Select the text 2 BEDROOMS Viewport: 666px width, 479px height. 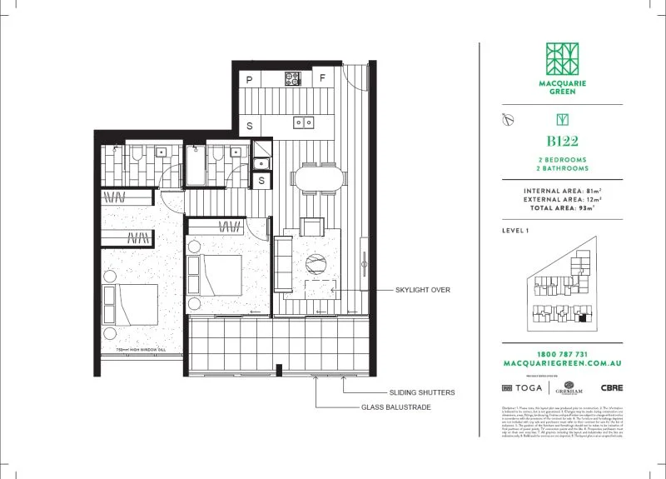pos(563,159)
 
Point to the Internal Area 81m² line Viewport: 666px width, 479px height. pos(563,191)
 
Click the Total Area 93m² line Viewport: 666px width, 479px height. pos(563,207)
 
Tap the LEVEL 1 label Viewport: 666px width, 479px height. pos(517,230)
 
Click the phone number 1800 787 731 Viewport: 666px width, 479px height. pos(563,354)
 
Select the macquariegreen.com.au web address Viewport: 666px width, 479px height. pos(563,364)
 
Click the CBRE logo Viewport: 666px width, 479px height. pos(612,388)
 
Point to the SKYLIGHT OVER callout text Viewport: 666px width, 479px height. pos(423,290)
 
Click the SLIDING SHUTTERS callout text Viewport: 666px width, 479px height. pos(421,392)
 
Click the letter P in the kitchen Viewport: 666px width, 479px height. pos(250,79)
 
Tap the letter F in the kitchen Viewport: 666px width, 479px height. pos(322,79)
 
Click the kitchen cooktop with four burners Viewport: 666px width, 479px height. pos(293,79)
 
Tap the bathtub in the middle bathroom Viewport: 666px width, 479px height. pos(195,167)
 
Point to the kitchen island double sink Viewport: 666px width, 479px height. pos(303,122)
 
